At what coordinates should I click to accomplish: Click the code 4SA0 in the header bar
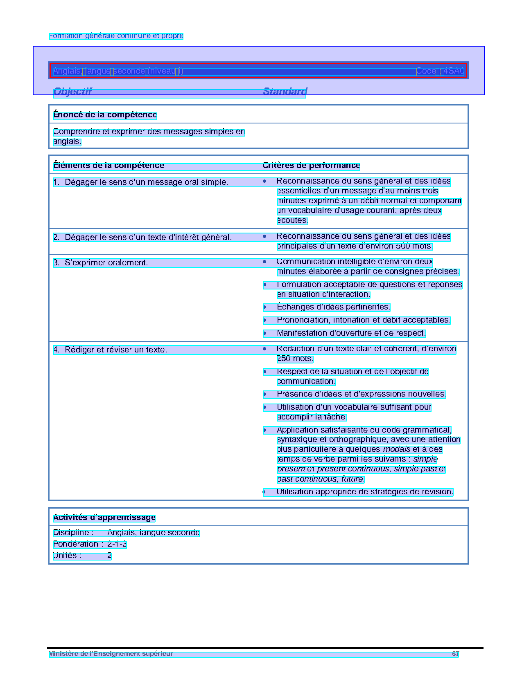pyautogui.click(x=454, y=71)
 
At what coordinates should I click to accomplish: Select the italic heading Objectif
pyautogui.click(x=72, y=91)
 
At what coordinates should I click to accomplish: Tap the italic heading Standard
pyautogui.click(x=285, y=91)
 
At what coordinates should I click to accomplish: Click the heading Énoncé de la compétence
pyautogui.click(x=105, y=115)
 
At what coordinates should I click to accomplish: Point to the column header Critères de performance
pyautogui.click(x=311, y=166)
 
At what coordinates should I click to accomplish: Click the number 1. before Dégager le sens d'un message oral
pyautogui.click(x=56, y=182)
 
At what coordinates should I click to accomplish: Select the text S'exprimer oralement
pyautogui.click(x=106, y=263)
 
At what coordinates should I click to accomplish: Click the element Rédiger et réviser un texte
pyautogui.click(x=116, y=350)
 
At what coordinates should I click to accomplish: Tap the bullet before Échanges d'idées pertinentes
pyautogui.click(x=265, y=307)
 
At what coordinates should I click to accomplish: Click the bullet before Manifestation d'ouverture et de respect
pyautogui.click(x=265, y=333)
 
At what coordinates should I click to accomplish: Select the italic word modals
pyautogui.click(x=396, y=449)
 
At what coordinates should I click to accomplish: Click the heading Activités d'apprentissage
pyautogui.click(x=104, y=518)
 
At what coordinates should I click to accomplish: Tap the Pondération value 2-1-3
pyautogui.click(x=117, y=544)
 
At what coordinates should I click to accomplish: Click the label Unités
pyautogui.click(x=67, y=556)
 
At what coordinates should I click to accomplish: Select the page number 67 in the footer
pyautogui.click(x=455, y=654)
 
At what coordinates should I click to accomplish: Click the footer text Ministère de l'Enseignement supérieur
pyautogui.click(x=111, y=654)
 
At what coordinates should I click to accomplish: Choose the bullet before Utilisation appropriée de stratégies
pyautogui.click(x=264, y=492)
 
